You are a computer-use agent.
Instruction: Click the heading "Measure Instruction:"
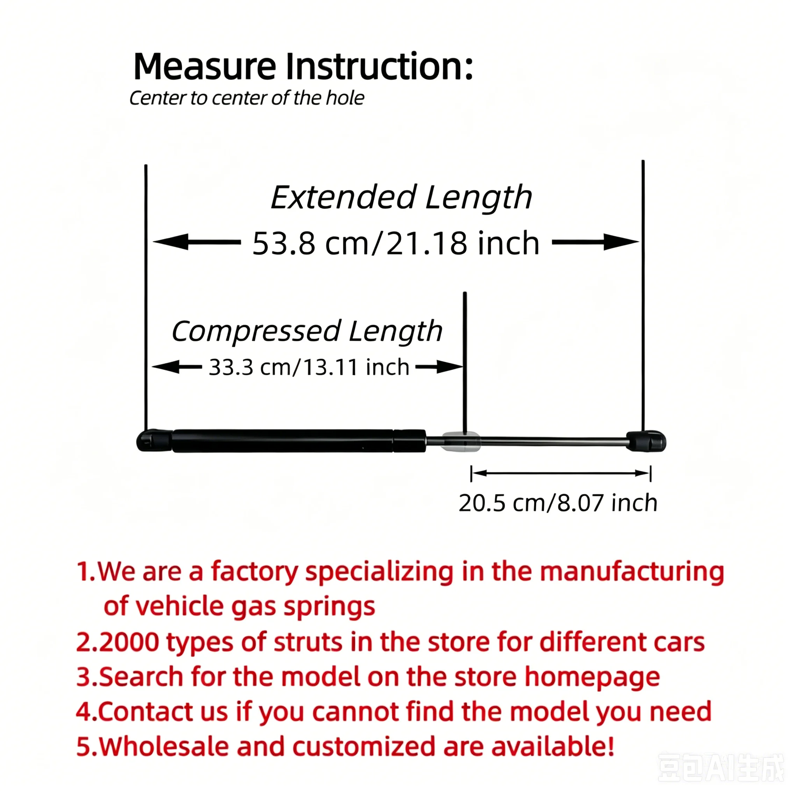[x=303, y=67]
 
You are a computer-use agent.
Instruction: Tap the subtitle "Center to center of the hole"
[x=247, y=98]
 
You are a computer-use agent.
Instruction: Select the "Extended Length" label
[x=401, y=198]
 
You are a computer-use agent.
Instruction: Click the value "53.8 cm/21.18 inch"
[x=396, y=243]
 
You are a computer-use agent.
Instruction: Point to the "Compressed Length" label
[x=307, y=331]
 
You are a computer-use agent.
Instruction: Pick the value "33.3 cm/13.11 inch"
[x=309, y=367]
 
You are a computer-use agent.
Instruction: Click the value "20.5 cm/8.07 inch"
[x=558, y=503]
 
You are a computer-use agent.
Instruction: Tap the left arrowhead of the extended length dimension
[x=170, y=242]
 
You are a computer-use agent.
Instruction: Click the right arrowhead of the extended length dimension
[x=621, y=242]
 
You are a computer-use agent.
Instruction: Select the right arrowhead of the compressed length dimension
[x=449, y=366]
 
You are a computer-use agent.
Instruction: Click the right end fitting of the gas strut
[x=646, y=441]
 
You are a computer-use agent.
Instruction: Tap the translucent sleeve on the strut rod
[x=461, y=441]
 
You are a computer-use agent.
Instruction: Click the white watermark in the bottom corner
[x=721, y=768]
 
